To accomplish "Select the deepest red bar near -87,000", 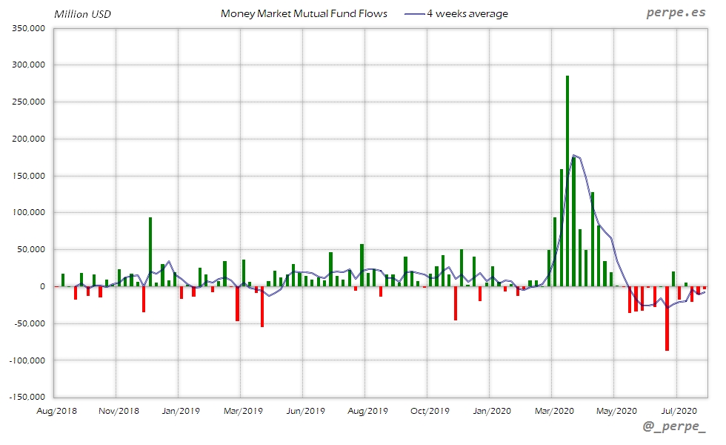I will coord(667,318).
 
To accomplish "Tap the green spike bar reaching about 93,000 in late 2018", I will coord(150,252).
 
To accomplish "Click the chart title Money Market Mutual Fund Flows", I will coord(304,14).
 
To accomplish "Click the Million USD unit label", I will coord(82,14).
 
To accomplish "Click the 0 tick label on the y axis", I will coord(43,286).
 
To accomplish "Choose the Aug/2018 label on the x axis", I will coord(56,410).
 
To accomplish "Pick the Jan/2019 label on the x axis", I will coord(181,410).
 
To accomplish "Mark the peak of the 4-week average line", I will coord(575,155).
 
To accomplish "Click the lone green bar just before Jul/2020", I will coord(673,279).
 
